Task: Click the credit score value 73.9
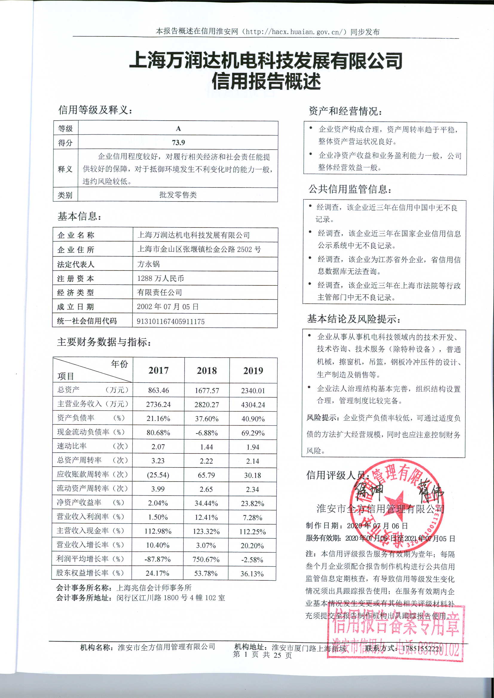point(178,142)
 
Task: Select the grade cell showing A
point(178,128)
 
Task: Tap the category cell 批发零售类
point(178,195)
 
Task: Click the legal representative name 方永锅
point(148,264)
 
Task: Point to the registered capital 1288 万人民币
point(160,278)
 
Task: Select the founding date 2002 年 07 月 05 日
point(167,306)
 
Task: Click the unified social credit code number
point(170,321)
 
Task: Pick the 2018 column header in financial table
point(207,370)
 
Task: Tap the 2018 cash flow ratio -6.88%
point(207,433)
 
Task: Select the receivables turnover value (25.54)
point(158,475)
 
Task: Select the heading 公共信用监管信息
point(350,189)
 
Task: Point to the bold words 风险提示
point(322,418)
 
